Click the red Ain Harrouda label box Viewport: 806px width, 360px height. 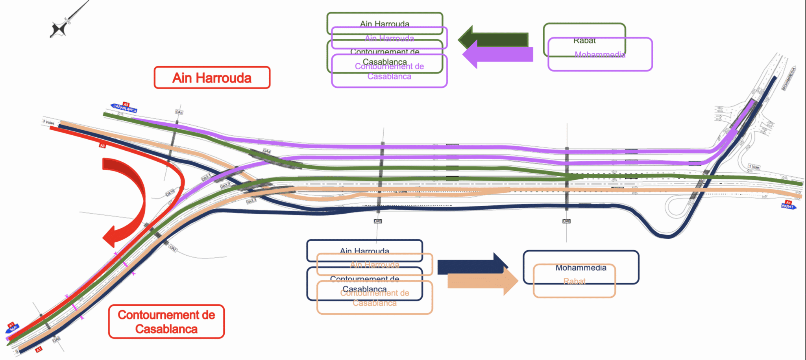coord(212,78)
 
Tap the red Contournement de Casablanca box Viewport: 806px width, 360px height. coord(166,321)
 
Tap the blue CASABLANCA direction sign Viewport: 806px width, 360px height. coord(125,107)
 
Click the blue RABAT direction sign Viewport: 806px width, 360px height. coord(788,206)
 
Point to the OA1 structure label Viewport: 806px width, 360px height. coord(179,112)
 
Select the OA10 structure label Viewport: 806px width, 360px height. coord(170,193)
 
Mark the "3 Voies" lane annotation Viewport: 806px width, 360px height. coord(48,122)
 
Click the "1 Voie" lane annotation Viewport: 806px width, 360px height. coord(754,167)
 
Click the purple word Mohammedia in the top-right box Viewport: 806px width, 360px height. coord(600,55)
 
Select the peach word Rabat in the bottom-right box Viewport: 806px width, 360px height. coord(574,281)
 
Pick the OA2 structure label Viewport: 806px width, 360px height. coord(173,248)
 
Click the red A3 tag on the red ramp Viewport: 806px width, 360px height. coord(102,146)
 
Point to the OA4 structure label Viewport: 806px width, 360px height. coord(267,151)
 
